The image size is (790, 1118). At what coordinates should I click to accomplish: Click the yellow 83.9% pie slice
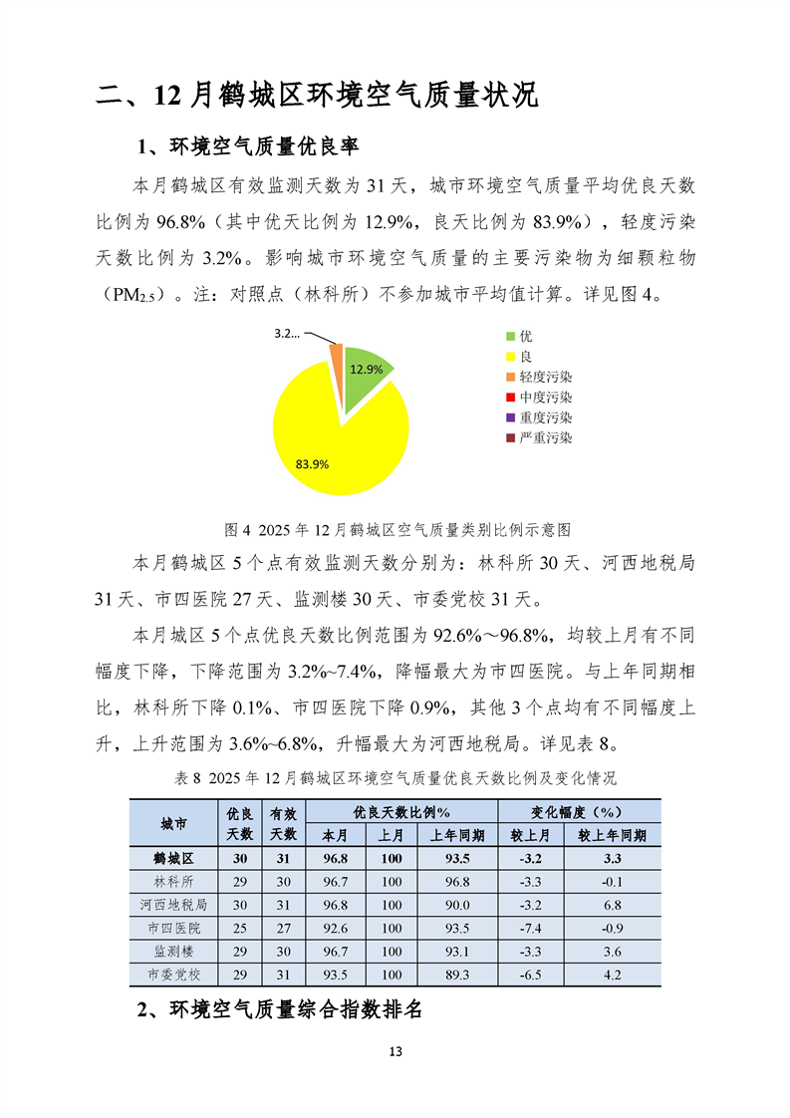[329, 438]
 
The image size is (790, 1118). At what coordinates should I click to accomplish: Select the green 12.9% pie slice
[367, 369]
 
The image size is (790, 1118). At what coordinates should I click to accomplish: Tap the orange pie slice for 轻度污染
[337, 351]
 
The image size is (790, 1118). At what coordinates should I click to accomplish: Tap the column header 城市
[173, 824]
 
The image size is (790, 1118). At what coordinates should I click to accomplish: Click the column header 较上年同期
[612, 835]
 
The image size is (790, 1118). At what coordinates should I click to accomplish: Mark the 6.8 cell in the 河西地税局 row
[612, 905]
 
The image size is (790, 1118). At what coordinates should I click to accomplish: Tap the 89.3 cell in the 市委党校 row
[458, 975]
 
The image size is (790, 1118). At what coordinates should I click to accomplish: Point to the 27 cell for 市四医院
[283, 929]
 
